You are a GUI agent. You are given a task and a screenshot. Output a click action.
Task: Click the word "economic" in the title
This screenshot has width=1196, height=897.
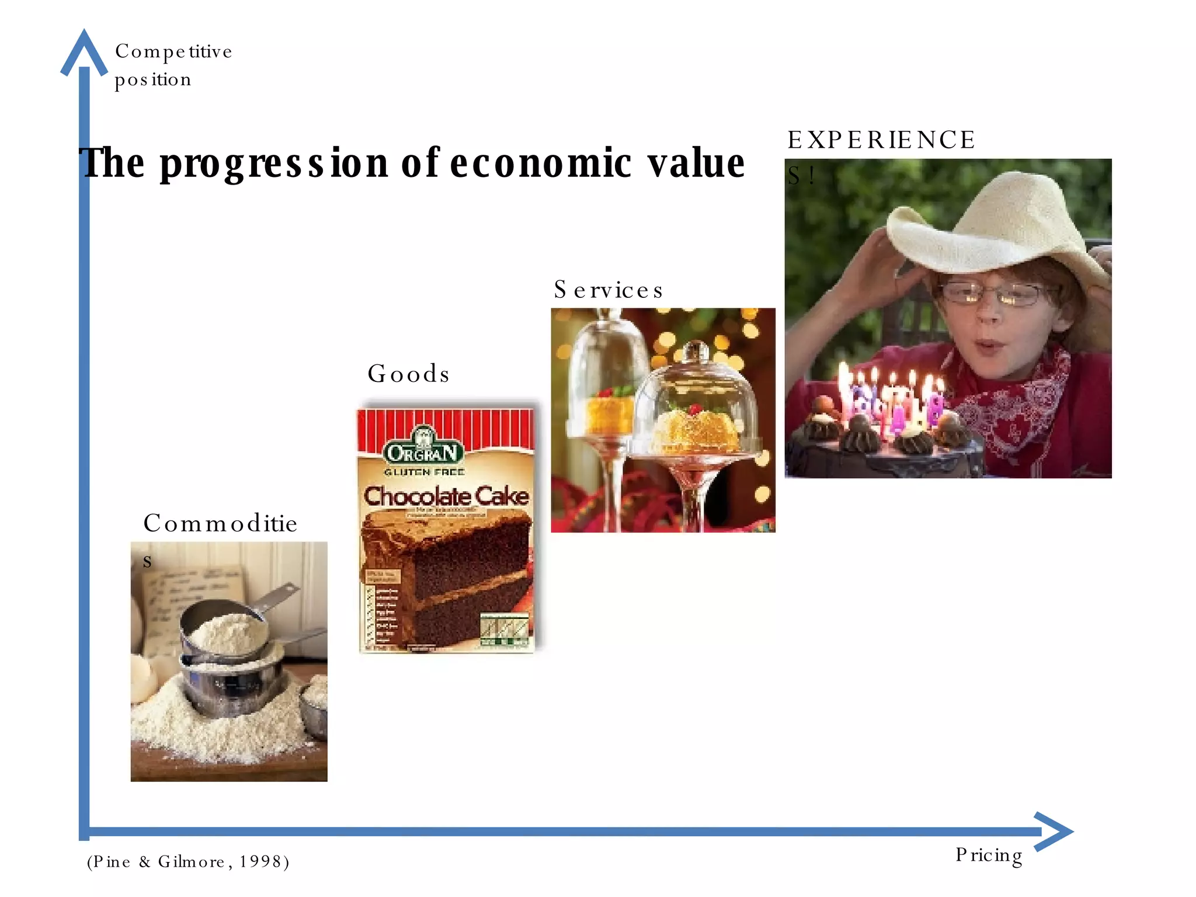(540, 164)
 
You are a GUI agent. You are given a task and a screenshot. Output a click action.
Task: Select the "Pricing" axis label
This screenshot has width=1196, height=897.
(989, 856)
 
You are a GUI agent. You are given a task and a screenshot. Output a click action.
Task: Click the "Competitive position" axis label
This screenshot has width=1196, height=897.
(173, 65)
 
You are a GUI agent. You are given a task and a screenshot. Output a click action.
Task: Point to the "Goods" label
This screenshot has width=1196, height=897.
(409, 374)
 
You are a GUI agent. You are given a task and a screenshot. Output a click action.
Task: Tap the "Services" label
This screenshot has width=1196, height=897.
(609, 290)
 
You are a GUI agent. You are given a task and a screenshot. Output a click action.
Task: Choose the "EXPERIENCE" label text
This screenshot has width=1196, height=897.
(881, 140)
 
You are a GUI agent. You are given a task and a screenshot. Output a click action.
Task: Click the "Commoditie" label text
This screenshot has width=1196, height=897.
(220, 523)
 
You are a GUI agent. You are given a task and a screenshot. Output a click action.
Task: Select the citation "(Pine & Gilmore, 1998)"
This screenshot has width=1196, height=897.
(188, 862)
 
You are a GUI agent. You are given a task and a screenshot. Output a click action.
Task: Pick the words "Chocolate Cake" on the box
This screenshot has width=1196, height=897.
(446, 496)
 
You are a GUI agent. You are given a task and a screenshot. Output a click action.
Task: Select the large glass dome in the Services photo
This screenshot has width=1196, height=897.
(695, 403)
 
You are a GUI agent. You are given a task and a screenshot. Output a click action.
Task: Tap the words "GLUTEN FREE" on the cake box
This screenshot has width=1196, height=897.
(425, 472)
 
